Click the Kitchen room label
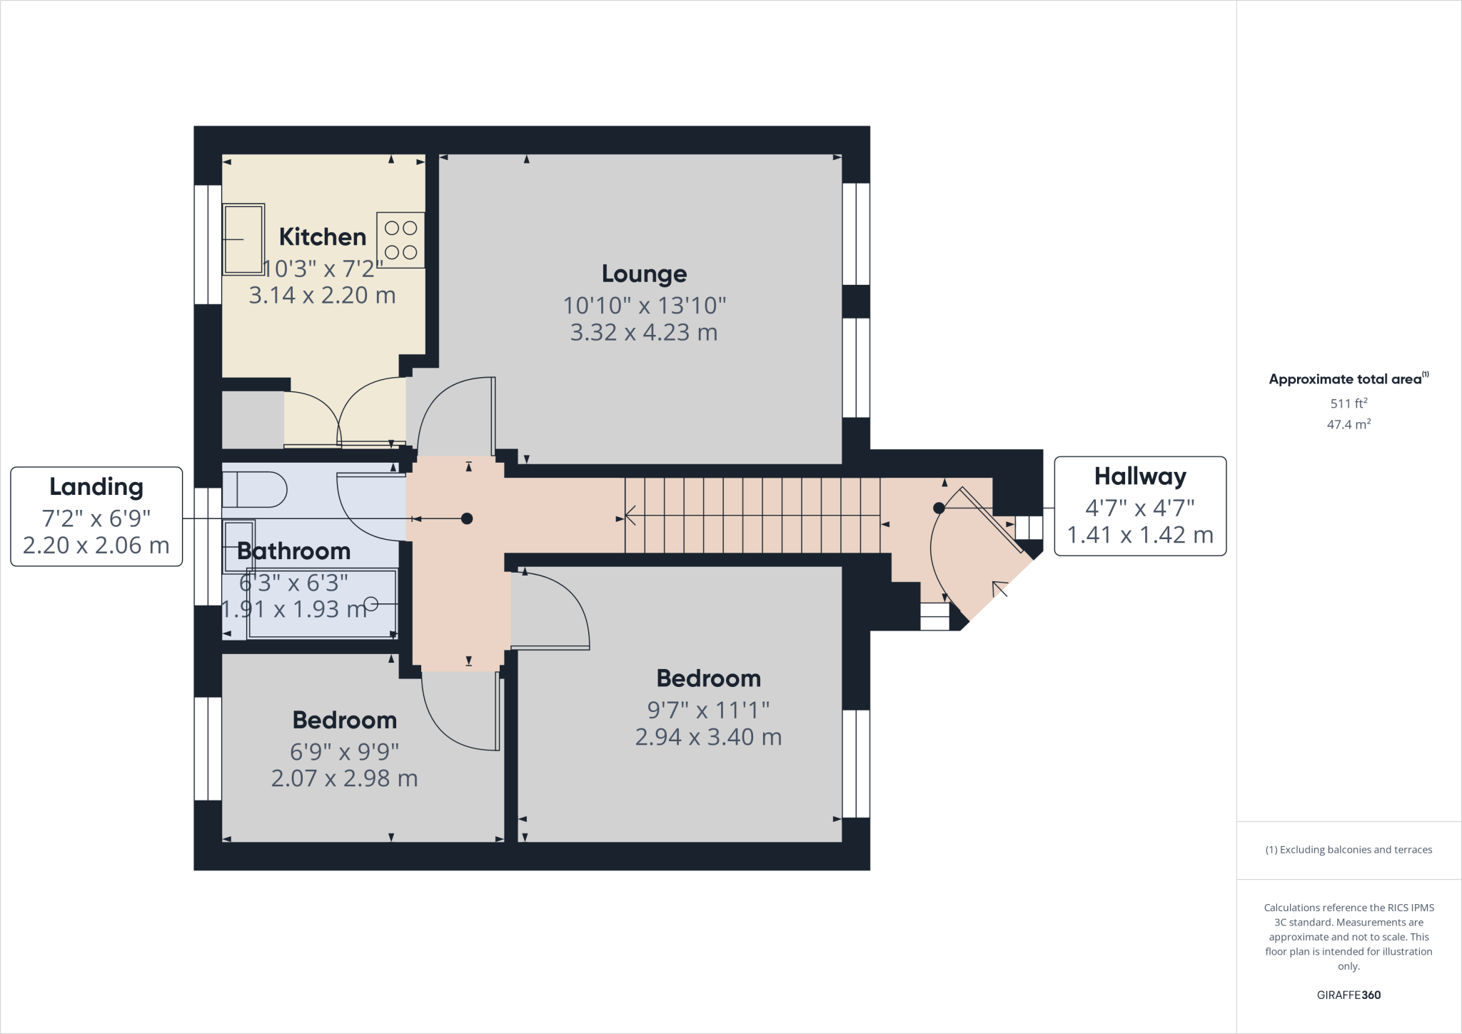click(x=323, y=237)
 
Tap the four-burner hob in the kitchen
click(x=400, y=240)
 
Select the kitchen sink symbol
click(x=243, y=239)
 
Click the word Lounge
click(x=644, y=273)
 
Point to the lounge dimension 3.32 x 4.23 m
click(x=644, y=333)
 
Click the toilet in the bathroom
click(x=255, y=490)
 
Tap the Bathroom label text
click(x=293, y=551)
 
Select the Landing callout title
click(x=96, y=487)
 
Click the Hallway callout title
click(x=1140, y=476)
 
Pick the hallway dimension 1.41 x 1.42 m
click(x=1140, y=535)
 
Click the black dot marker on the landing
click(x=467, y=519)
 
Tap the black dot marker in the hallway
click(x=939, y=508)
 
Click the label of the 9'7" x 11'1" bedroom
click(x=708, y=678)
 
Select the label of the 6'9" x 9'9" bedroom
click(x=345, y=720)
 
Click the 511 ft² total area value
click(x=1348, y=403)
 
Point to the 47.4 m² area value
click(x=1348, y=425)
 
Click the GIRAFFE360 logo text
click(x=1348, y=995)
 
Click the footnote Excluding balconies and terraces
click(x=1348, y=850)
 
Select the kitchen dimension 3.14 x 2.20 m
click(x=322, y=296)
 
